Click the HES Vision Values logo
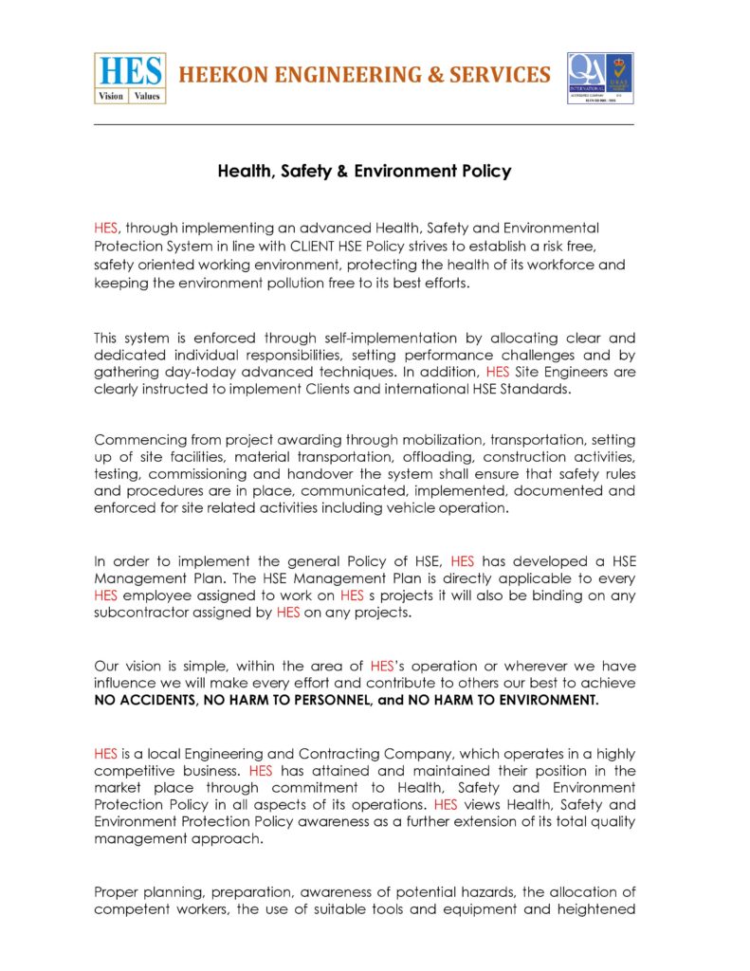point(130,77)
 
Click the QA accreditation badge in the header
point(599,78)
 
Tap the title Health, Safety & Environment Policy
point(364,172)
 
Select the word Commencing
point(136,440)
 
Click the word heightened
point(599,909)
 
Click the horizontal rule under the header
point(364,124)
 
